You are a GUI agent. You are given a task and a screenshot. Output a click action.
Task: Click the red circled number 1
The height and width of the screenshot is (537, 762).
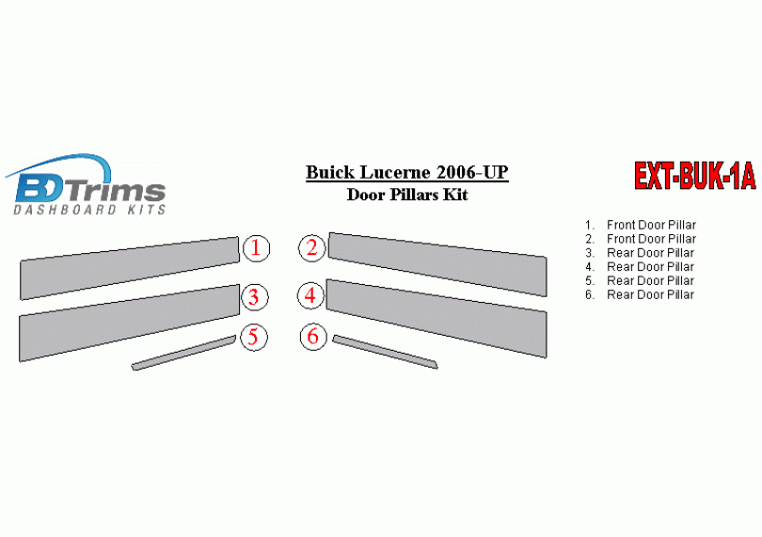tap(256, 248)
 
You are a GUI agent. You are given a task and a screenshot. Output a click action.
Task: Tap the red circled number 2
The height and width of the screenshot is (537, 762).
tap(311, 248)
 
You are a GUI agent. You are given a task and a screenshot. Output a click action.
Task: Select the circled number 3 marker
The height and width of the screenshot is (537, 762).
tap(254, 297)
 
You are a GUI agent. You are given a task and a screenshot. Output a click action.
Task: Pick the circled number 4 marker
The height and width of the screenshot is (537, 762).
tap(310, 295)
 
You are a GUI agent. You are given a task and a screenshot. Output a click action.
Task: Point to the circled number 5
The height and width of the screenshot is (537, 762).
tap(253, 337)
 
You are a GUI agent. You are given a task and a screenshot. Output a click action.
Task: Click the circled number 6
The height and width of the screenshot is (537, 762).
tap(313, 336)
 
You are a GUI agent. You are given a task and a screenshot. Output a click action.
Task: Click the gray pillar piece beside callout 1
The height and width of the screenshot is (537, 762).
tap(130, 268)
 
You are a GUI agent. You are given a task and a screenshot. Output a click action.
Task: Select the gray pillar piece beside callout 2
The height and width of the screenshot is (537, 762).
tap(437, 264)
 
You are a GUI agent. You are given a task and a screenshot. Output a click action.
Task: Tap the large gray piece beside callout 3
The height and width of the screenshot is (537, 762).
tap(130, 323)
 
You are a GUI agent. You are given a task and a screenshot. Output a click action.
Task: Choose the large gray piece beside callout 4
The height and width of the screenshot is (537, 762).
tap(437, 318)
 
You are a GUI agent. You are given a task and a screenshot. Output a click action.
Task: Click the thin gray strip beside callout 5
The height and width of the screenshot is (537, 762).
tap(183, 353)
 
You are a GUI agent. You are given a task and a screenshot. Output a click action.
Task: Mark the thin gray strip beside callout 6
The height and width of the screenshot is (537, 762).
tap(385, 352)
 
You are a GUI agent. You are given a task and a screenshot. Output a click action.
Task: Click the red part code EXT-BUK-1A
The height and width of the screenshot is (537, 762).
tap(695, 176)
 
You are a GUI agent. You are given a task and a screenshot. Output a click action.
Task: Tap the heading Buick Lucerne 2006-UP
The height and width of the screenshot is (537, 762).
tap(407, 172)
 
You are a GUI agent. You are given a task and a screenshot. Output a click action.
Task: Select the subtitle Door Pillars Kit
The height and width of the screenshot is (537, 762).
tap(407, 195)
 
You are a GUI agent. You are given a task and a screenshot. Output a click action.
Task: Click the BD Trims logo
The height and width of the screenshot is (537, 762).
tap(87, 184)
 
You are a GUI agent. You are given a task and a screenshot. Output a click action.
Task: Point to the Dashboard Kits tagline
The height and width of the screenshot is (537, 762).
tap(89, 210)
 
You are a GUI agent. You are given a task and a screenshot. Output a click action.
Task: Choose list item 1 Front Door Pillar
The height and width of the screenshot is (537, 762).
tap(641, 225)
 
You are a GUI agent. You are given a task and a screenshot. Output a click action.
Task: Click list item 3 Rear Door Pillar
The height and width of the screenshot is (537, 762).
tap(640, 253)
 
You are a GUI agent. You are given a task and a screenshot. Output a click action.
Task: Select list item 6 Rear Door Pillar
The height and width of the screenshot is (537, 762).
tap(640, 295)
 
